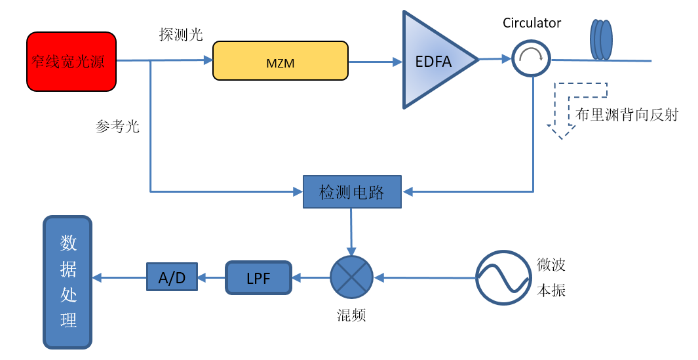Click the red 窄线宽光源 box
pos(71,61)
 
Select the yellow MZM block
pos(280,60)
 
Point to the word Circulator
pos(532,23)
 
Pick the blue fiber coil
pos(601,40)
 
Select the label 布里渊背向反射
pos(627,115)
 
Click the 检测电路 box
pos(352,192)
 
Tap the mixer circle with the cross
pos(351,277)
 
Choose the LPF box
pos(258,278)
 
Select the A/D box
pos(172,278)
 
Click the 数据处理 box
pos(68,282)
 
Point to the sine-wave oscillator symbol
pos(503,277)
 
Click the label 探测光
pos(181,35)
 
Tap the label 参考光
pos(118,127)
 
